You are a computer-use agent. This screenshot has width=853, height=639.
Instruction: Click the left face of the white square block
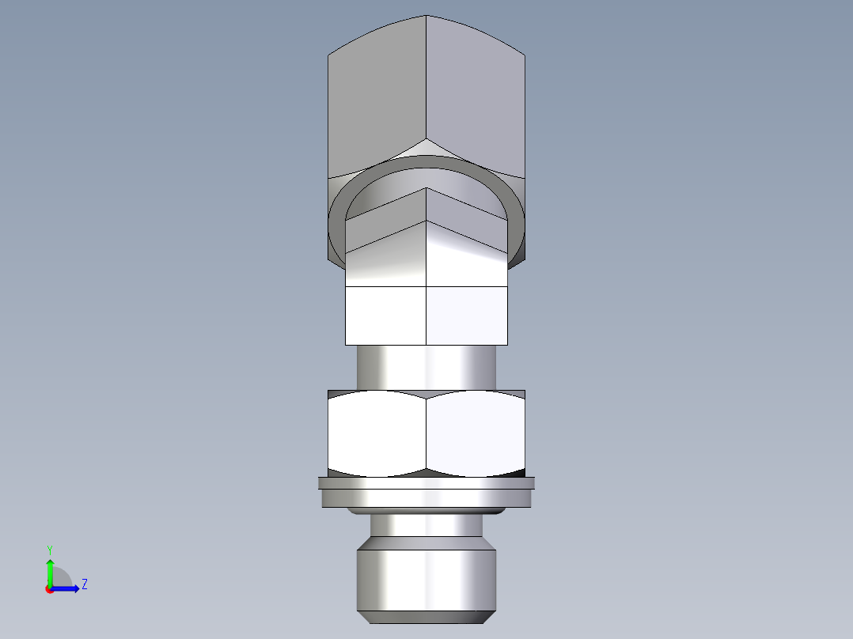point(385,315)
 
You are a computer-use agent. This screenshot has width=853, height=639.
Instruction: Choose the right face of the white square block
point(467,315)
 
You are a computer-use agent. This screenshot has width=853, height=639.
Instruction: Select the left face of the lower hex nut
point(377,435)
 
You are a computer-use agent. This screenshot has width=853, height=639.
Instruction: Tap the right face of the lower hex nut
point(476,435)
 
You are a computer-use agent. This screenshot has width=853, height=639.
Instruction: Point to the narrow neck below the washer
point(426,525)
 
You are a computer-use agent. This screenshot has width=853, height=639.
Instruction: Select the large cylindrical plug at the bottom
point(426,573)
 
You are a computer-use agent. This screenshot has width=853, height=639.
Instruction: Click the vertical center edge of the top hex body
point(426,79)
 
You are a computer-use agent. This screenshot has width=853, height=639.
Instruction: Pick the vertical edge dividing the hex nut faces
point(426,435)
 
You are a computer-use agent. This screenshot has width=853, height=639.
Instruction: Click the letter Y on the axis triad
point(49,549)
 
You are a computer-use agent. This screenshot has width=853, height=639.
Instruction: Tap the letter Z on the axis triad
point(84,585)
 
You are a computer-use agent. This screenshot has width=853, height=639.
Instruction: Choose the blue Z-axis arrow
point(67,588)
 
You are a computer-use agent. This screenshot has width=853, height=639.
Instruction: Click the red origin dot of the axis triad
point(49,589)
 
